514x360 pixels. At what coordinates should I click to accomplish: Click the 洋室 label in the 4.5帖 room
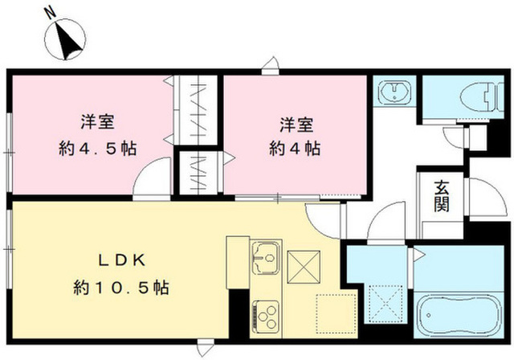[x=96, y=123]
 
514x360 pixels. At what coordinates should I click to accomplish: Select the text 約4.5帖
[x=96, y=149]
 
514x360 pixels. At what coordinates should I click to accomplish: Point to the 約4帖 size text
[x=296, y=149]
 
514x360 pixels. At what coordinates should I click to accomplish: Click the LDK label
[x=121, y=261]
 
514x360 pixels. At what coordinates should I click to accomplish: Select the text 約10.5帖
[x=122, y=287]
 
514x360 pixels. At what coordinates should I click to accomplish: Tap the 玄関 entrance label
[x=442, y=196]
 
